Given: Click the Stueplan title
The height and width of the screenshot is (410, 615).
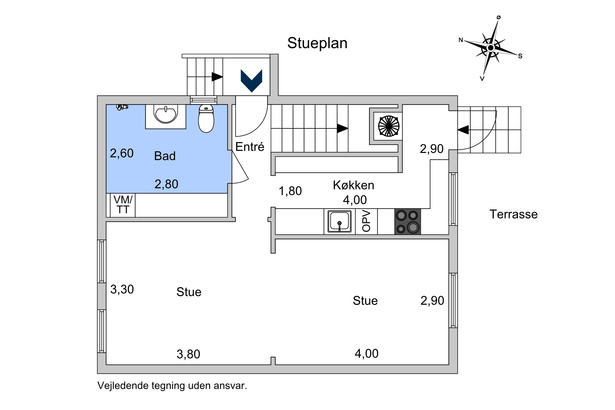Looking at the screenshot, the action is click(x=317, y=43).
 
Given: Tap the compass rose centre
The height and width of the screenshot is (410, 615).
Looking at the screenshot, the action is click(x=491, y=48).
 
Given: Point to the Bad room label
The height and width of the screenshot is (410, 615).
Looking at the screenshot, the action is click(x=165, y=156).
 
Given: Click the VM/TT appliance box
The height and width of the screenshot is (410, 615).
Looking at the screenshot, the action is click(x=123, y=205).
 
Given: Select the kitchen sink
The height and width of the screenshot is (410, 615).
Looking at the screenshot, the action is click(x=339, y=221).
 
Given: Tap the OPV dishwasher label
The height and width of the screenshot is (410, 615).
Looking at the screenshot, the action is click(x=366, y=221).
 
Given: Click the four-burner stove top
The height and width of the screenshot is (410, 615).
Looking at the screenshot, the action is click(x=407, y=221).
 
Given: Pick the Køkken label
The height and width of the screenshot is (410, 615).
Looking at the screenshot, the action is click(x=353, y=185).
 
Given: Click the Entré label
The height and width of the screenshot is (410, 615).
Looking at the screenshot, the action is click(x=250, y=147).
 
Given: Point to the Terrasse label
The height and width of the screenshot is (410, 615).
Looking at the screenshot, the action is click(x=514, y=214).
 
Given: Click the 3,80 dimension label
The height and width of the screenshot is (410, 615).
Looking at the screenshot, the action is click(x=188, y=354).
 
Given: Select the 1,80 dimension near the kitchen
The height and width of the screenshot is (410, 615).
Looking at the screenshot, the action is click(x=290, y=191).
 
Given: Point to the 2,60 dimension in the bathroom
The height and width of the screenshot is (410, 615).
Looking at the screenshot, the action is click(x=122, y=153).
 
